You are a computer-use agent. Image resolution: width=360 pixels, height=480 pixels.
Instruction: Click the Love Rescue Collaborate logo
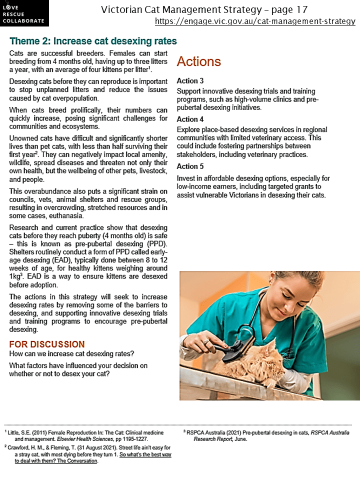click(x=24, y=13)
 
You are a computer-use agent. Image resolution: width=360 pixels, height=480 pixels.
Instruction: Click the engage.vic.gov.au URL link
click(x=255, y=21)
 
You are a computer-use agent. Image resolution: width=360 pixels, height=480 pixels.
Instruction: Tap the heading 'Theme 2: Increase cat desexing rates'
click(x=93, y=41)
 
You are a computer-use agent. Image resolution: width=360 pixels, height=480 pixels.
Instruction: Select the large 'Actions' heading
click(x=198, y=61)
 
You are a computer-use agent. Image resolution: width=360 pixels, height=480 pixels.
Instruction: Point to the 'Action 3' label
click(x=190, y=81)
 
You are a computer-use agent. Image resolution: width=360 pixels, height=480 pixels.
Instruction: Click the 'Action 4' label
click(x=190, y=119)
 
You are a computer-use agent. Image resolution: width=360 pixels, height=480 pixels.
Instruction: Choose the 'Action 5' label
click(x=190, y=166)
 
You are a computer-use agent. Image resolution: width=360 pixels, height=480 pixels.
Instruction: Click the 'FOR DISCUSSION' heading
click(x=46, y=344)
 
